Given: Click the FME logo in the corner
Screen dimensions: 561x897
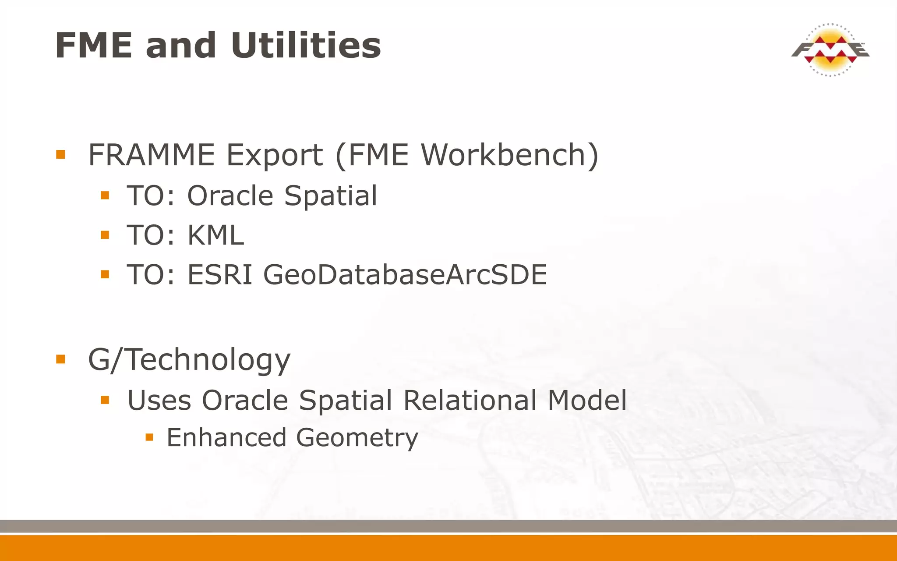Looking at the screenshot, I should point(830,50).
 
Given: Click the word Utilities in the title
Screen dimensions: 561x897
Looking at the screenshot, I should point(306,46).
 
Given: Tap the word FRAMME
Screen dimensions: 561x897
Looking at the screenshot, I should point(151,155).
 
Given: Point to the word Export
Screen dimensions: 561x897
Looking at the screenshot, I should point(275,155).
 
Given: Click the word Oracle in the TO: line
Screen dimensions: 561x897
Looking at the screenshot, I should point(230,195).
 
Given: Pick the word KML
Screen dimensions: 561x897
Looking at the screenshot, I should point(215,235).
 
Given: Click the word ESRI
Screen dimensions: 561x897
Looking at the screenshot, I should point(220,275).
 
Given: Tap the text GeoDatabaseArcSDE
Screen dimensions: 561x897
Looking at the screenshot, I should point(405,275).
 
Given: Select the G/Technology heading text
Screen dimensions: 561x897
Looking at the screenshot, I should point(189,360).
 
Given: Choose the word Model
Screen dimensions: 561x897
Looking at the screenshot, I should point(587,400).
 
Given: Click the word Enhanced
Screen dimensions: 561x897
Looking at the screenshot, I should point(226,437).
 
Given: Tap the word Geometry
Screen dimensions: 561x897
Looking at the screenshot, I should point(357,438).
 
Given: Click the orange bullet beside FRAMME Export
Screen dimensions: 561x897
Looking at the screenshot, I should point(60,155).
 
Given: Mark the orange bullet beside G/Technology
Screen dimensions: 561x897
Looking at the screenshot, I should point(60,360).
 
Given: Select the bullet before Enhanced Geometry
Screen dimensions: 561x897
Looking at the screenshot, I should point(149,437).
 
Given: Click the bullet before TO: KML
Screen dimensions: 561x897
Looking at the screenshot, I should point(105,235).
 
